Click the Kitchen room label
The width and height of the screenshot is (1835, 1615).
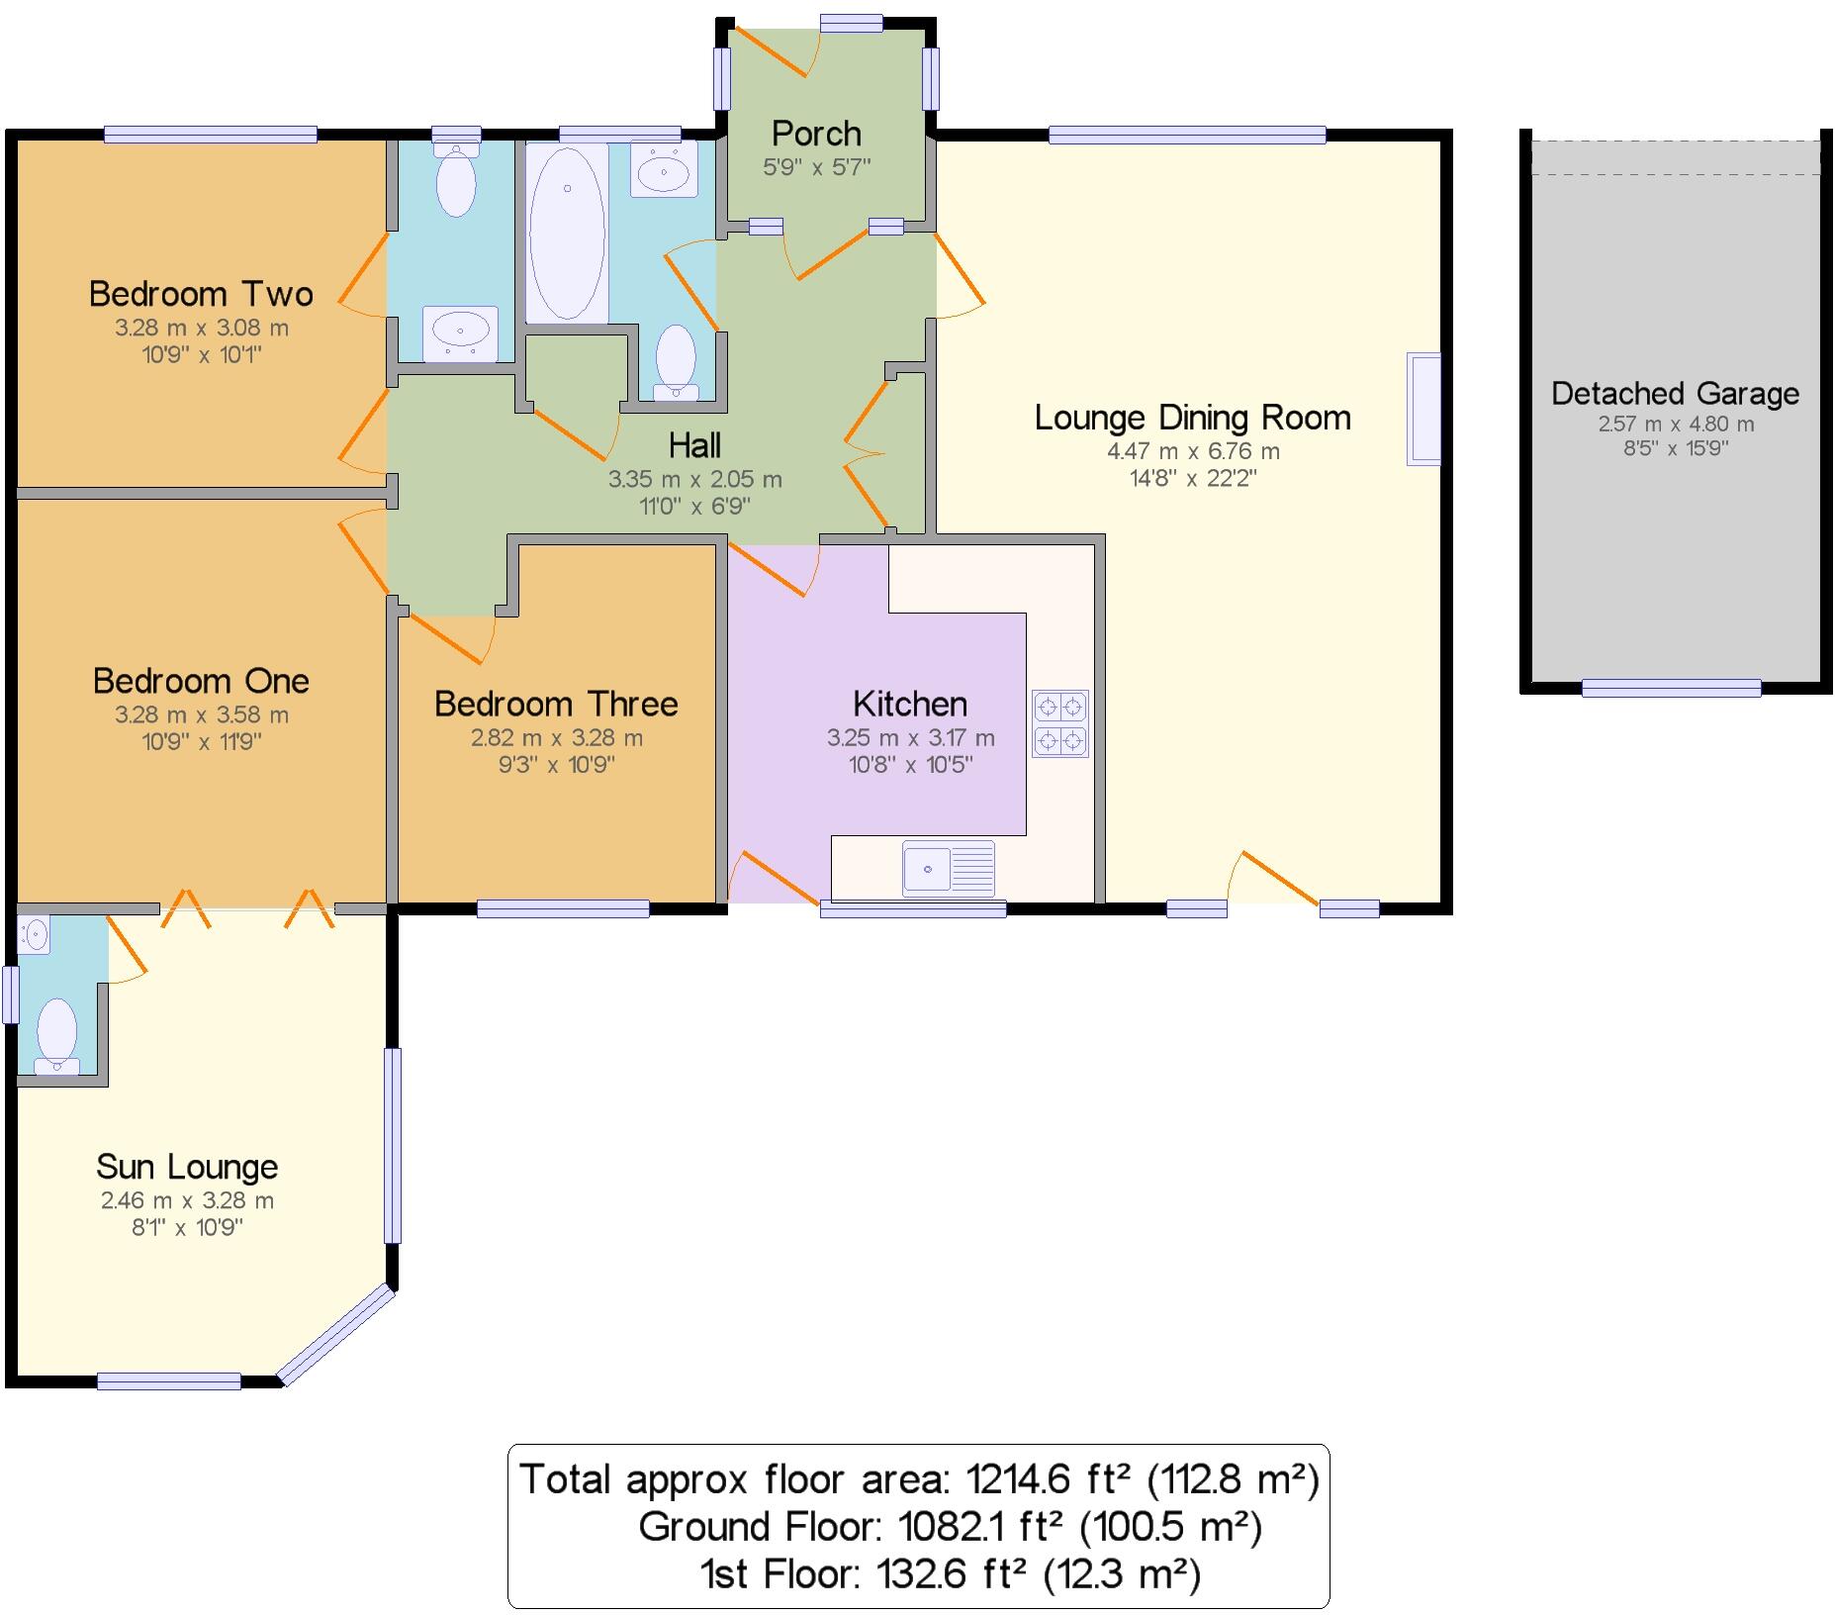909,704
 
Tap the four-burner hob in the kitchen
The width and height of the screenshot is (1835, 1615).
1059,723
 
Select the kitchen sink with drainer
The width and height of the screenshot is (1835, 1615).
948,868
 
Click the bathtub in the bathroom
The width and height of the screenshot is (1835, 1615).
567,234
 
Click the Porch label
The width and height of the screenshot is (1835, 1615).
816,133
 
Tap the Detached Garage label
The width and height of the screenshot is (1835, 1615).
1675,393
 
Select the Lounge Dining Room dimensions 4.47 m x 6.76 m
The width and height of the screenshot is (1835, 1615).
1192,451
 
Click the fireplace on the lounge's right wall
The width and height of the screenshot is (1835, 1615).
1423,409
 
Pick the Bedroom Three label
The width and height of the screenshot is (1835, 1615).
556,704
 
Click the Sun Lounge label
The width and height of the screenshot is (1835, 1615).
187,1167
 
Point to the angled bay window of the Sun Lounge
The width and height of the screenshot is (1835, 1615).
337,1333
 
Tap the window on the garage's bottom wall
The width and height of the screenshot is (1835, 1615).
1671,688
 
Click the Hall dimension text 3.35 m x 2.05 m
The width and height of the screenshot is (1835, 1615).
694,480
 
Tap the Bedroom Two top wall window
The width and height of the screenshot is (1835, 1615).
210,135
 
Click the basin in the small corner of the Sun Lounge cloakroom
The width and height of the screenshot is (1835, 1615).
35,934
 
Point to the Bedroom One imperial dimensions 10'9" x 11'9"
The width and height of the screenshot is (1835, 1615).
202,741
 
